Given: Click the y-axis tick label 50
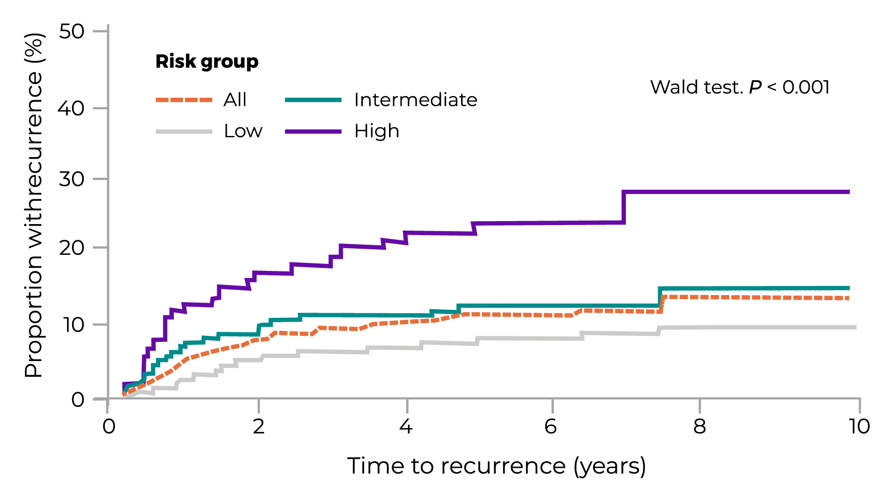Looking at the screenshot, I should tap(71, 32).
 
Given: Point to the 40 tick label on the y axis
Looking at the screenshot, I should tap(71, 108).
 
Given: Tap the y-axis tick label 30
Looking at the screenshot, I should tap(71, 179).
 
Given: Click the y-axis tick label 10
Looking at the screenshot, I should tap(71, 325).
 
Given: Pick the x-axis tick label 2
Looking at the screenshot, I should tap(259, 427).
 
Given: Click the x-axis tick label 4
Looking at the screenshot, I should tap(406, 427).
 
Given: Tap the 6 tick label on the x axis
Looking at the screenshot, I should tap(551, 427).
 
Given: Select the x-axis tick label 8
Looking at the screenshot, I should tap(699, 427).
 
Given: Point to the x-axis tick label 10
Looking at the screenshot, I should tap(859, 427).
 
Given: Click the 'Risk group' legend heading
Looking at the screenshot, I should tap(207, 61).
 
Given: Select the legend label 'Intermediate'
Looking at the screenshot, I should tap(416, 100).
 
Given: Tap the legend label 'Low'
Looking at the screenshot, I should tap(243, 131).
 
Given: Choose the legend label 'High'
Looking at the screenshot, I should tap(376, 131).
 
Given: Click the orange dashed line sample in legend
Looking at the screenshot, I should tap(184, 100).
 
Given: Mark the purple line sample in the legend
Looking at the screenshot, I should tap(313, 131).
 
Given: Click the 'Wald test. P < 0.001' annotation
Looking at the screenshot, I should tap(740, 87).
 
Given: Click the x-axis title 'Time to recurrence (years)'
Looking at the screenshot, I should tap(496, 466).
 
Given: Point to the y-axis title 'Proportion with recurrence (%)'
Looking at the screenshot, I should tap(34, 205).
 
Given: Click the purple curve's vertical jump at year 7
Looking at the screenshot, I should tap(624, 207).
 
